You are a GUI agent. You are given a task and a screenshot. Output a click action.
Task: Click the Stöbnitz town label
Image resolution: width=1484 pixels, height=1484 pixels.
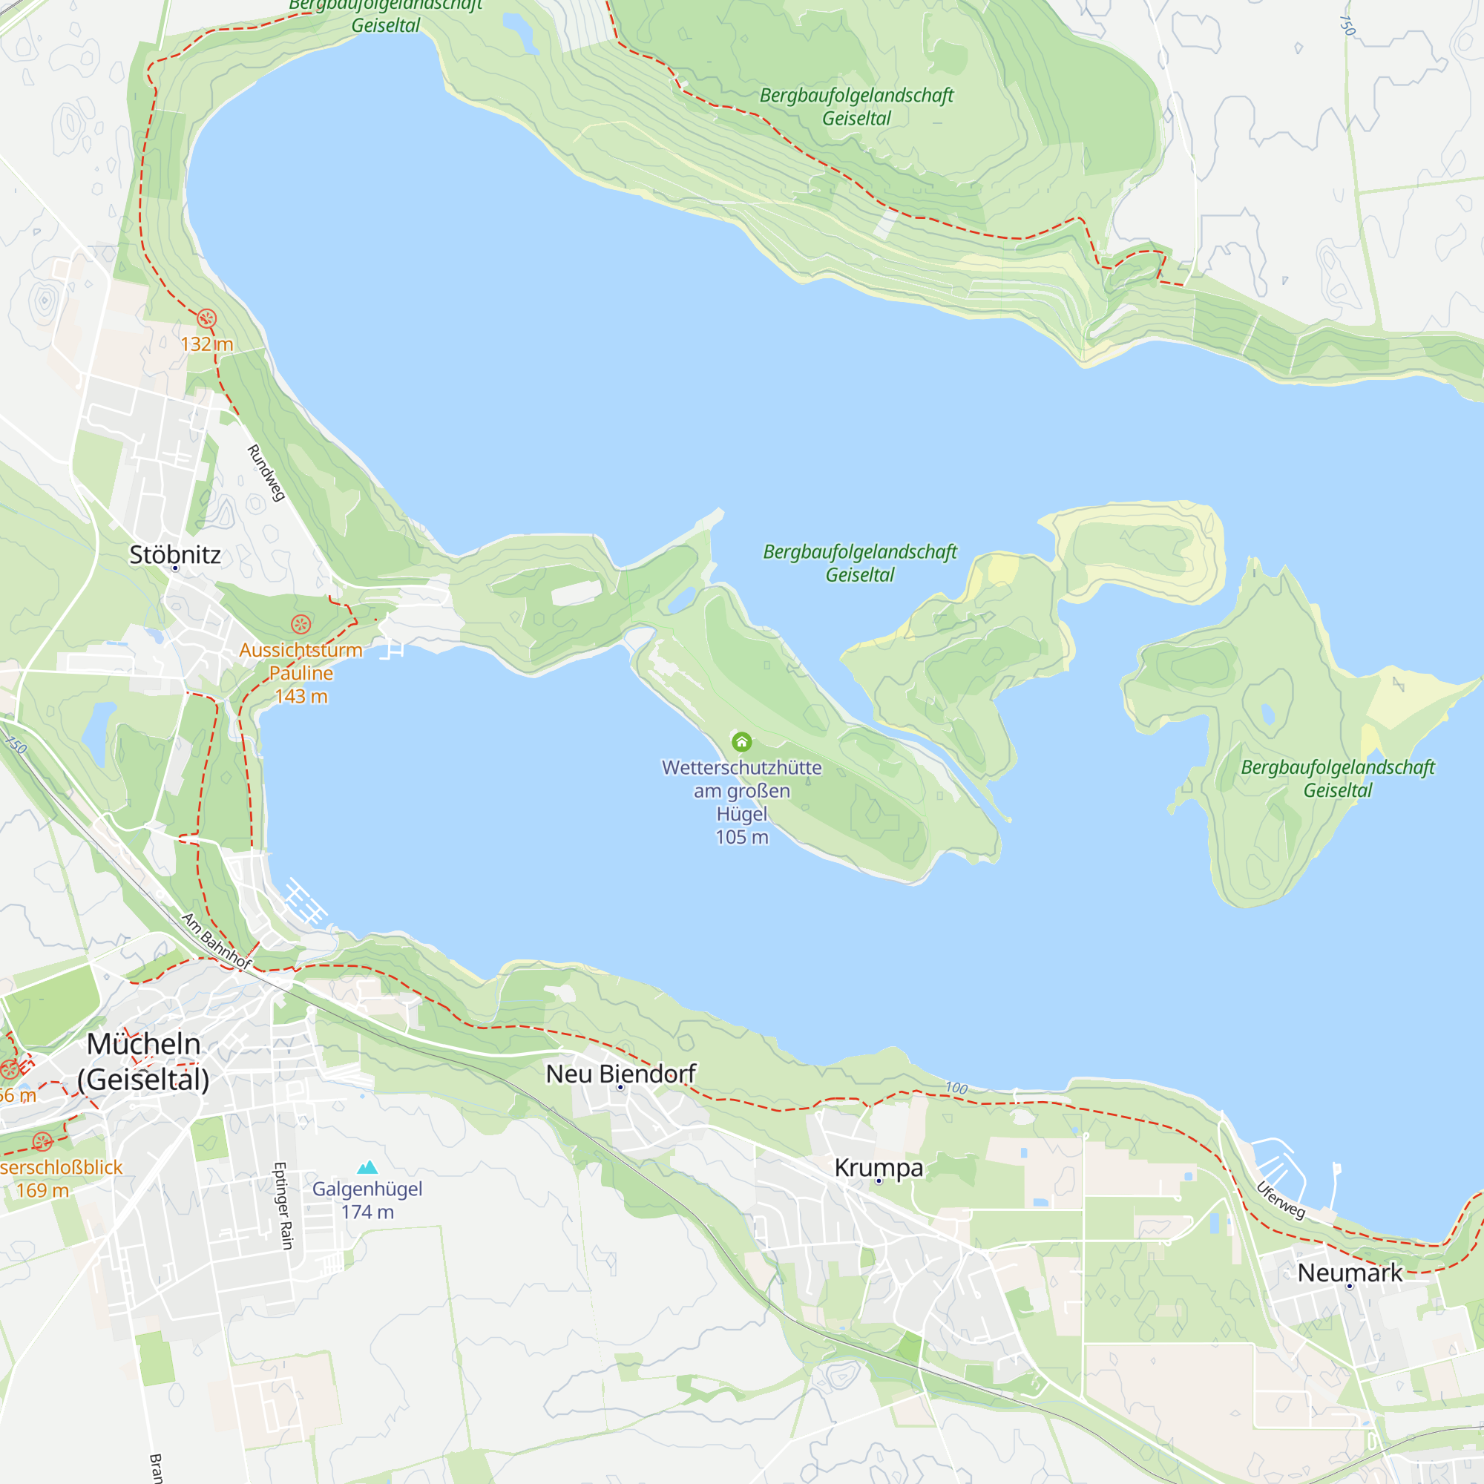tap(174, 554)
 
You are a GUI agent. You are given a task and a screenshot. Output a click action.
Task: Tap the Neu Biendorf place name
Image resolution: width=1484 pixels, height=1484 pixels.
tap(620, 1074)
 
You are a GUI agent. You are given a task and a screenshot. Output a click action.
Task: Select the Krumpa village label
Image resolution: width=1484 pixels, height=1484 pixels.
tap(879, 1167)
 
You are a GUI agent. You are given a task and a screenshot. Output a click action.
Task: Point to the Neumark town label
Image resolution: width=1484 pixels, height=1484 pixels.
tap(1350, 1273)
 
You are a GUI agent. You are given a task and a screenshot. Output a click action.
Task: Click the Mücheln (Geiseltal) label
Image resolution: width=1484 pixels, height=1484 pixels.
tap(144, 1062)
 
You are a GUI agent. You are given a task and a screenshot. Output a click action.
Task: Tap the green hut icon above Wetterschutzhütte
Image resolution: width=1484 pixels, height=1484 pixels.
tap(741, 742)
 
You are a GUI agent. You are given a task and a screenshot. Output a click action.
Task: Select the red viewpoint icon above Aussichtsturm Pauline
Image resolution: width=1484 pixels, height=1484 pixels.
tap(301, 625)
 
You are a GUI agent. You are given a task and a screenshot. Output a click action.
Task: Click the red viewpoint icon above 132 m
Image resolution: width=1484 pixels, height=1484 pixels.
tap(206, 319)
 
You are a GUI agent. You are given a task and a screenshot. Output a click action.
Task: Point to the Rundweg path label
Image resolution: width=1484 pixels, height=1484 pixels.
tap(266, 473)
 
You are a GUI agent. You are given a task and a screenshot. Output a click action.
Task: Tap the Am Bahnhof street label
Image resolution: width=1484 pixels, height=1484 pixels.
tap(217, 940)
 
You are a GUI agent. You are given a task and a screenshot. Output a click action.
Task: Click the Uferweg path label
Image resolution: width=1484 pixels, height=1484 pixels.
tap(1281, 1200)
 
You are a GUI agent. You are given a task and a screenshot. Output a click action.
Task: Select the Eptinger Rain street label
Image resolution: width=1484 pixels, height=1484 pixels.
tap(283, 1206)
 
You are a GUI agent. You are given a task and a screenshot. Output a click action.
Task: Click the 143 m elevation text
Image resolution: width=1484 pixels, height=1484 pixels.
tap(301, 697)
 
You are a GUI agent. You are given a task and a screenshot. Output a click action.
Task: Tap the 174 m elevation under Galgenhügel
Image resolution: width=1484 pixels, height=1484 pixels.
tap(367, 1212)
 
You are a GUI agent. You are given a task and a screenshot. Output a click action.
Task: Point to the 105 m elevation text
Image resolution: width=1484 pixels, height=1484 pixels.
tap(741, 837)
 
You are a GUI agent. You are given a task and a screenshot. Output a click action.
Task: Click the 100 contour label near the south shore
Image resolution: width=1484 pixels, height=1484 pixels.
tap(956, 1089)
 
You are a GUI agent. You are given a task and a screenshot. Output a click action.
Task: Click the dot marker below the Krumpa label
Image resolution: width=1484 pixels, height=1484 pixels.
tap(879, 1181)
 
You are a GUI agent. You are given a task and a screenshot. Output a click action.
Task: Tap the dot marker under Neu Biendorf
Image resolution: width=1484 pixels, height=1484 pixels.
tap(620, 1088)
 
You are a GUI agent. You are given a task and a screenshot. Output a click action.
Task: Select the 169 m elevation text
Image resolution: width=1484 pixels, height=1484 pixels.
tap(42, 1191)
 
